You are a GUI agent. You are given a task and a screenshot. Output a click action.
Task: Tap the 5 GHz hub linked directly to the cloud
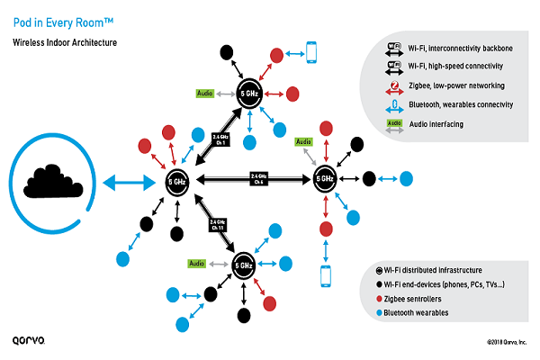tap(178, 181)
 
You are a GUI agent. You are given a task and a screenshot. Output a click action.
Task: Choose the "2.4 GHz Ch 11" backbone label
tap(217, 223)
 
